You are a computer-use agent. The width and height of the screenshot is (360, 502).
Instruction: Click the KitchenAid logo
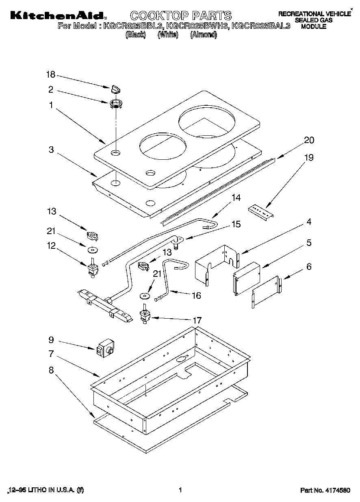click(x=57, y=16)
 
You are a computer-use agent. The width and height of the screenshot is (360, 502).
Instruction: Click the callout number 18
click(x=50, y=74)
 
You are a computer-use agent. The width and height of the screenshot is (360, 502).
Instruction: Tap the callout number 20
click(x=309, y=140)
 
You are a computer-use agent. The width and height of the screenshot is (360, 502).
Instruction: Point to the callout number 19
click(x=309, y=158)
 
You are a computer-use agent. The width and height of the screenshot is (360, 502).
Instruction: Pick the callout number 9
click(x=51, y=339)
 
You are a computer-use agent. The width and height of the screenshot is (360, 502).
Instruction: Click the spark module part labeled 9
click(x=105, y=348)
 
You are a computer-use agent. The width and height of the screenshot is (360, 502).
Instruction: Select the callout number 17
click(x=197, y=320)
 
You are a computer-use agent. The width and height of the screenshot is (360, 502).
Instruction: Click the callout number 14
click(x=236, y=198)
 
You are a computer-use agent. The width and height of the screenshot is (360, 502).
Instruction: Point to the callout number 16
click(x=196, y=296)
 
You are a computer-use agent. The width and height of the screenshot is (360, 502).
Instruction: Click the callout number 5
click(x=309, y=243)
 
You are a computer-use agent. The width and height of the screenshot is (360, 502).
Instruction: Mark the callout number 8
click(x=51, y=370)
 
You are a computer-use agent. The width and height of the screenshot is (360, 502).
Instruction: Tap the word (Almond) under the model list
click(x=204, y=35)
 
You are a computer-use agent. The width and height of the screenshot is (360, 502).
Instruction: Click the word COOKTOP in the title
click(x=159, y=16)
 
